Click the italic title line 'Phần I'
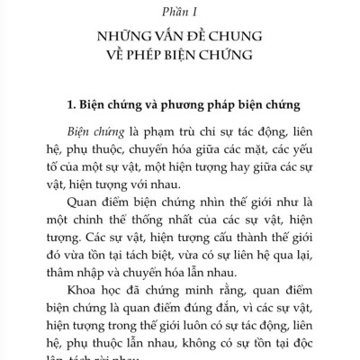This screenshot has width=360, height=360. [x=179, y=12]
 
